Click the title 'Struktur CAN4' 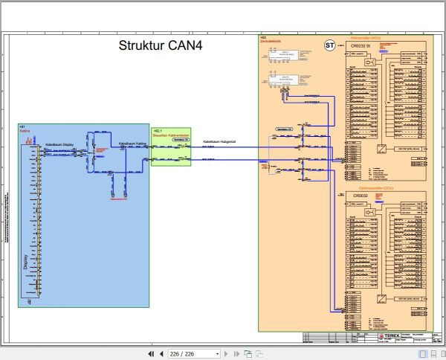(161, 45)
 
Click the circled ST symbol (329, 45)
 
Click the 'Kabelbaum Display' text (59, 144)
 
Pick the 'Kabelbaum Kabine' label (132, 144)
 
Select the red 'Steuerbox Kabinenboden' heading (171, 134)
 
